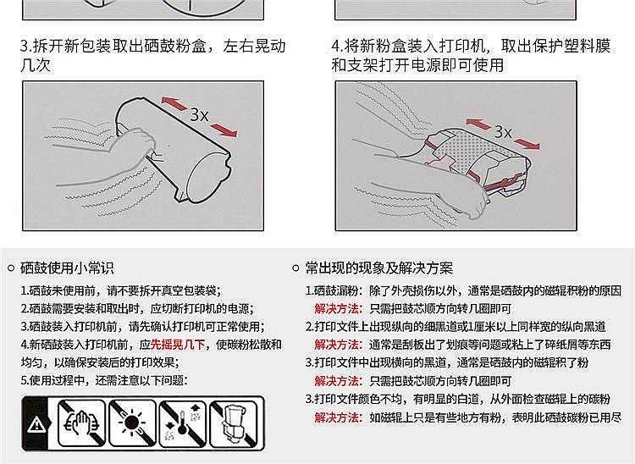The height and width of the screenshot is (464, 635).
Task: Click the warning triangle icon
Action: (36, 425)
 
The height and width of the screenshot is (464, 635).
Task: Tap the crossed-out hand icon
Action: (81, 423)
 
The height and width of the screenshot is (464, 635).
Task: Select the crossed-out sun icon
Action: (132, 423)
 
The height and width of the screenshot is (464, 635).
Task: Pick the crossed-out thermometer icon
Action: (183, 423)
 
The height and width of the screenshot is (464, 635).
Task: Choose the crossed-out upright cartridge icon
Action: (234, 423)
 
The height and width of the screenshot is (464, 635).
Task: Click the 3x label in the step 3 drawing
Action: (199, 115)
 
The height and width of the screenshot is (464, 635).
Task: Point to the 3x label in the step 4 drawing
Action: (503, 131)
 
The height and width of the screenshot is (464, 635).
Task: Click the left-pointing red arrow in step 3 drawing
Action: (175, 103)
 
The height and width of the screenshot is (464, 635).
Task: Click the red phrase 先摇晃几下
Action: (178, 345)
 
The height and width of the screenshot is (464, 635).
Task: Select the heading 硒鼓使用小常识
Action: (67, 268)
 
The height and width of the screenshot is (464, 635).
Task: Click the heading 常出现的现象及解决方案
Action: (379, 268)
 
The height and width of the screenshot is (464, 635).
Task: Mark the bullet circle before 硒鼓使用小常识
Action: (11, 268)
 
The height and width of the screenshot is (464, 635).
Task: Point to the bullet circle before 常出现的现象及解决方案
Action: (296, 268)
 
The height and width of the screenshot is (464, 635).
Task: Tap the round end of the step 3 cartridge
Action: (209, 175)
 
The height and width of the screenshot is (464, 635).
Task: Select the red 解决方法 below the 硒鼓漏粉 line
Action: (339, 309)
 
